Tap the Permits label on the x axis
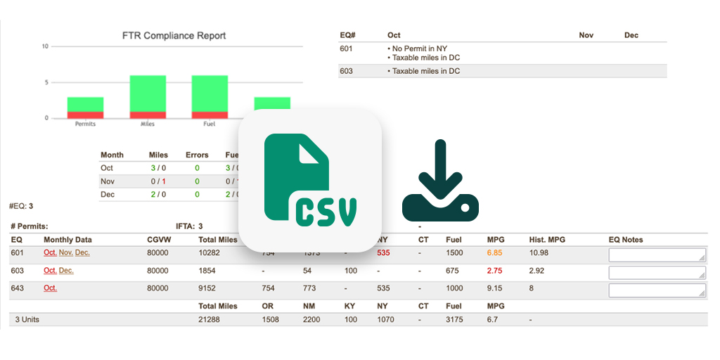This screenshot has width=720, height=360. [x=85, y=124]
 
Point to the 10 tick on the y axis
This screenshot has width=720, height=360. [x=45, y=46]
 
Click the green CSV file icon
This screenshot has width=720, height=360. [x=310, y=181]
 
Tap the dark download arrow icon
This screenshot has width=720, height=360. [x=440, y=181]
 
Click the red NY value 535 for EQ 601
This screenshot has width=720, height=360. [x=383, y=252]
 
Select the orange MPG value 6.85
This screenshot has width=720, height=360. [x=495, y=252]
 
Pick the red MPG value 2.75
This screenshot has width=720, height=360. [x=495, y=271]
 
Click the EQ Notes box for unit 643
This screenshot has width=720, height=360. [x=657, y=290]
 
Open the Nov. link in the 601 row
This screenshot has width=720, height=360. [x=66, y=252]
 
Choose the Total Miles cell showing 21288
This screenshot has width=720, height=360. [x=210, y=319]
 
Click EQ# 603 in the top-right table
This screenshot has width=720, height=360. [x=346, y=71]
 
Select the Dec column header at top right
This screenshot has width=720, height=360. [x=631, y=35]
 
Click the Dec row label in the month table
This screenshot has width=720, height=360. [x=107, y=194]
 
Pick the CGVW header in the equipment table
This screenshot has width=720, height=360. [x=158, y=240]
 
